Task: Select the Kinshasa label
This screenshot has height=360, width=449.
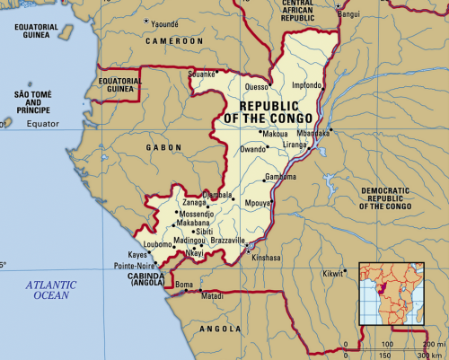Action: (x=267, y=257)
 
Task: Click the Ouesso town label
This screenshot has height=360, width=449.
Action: (x=257, y=87)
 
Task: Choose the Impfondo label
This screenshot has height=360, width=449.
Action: (x=307, y=86)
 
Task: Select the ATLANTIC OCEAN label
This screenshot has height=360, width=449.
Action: (x=52, y=289)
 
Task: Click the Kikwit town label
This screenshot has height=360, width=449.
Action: (x=332, y=272)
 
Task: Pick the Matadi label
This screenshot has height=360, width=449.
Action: (x=212, y=295)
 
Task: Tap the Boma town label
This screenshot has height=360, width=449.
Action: (x=184, y=285)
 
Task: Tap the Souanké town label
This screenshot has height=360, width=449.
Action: (x=203, y=74)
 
